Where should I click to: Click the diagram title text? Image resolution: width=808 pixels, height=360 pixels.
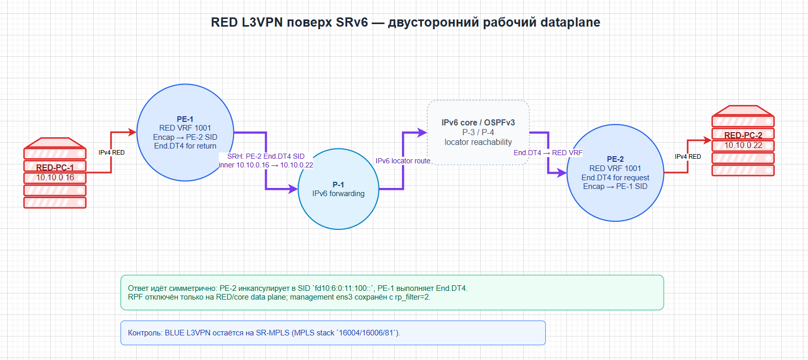tap(406, 23)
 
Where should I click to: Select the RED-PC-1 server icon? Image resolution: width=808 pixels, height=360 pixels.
tap(55, 173)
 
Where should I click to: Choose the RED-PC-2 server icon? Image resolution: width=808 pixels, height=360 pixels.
tap(743, 141)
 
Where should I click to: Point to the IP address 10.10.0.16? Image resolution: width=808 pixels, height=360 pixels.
tap(55, 178)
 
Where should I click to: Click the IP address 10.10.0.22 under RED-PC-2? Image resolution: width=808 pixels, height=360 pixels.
tap(743, 145)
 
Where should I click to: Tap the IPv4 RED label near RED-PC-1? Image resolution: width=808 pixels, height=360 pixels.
tap(112, 153)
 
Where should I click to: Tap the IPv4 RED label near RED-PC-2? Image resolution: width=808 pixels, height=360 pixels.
tap(688, 157)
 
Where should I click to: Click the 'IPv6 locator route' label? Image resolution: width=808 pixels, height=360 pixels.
tap(403, 161)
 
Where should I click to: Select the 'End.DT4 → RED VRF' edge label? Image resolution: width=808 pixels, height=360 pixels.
tap(548, 153)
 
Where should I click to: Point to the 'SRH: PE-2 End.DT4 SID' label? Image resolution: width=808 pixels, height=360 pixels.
tap(266, 156)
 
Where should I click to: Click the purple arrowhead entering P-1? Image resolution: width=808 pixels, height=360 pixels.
tap(293, 188)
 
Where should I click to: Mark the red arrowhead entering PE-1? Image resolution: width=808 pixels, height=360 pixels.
tap(131, 133)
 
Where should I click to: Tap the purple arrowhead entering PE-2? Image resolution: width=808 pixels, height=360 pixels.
tap(562, 173)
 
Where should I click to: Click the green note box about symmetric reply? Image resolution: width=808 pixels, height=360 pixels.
tap(392, 292)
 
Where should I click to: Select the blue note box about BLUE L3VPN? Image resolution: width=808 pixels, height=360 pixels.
tap(333, 333)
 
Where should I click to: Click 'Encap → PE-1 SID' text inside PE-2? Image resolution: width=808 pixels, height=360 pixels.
tap(615, 186)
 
